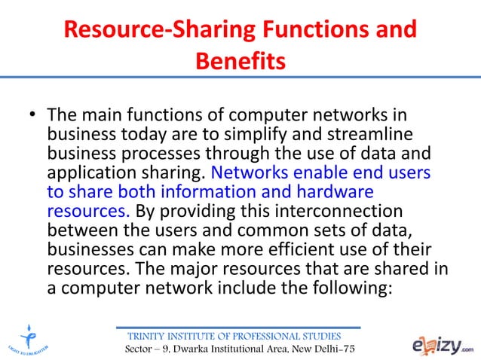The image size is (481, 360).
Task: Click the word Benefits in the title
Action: (240, 59)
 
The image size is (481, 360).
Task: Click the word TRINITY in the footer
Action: (149, 335)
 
